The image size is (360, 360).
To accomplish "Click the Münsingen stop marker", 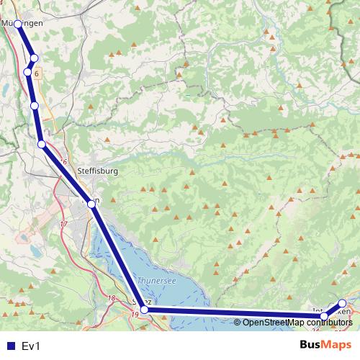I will (18, 24).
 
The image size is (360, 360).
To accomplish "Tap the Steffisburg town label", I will (96, 171).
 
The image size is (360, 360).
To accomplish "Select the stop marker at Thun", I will (91, 204).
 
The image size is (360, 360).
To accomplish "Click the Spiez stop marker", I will (144, 310).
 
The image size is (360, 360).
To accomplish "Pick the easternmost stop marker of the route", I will (342, 304).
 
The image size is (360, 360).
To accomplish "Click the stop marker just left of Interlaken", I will (324, 315).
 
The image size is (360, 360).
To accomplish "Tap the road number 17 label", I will (63, 225).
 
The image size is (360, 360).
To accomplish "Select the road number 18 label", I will (111, 298).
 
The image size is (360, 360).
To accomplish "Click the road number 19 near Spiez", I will (135, 315).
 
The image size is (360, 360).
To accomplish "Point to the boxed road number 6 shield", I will (36, 73).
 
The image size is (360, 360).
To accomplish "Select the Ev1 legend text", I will (32, 346).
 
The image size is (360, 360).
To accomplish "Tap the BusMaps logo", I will (325, 345).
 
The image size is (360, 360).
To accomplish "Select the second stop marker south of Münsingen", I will (28, 71).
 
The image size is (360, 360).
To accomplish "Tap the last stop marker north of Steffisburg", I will (42, 145).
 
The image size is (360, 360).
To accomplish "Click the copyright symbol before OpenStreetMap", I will (238, 322).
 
